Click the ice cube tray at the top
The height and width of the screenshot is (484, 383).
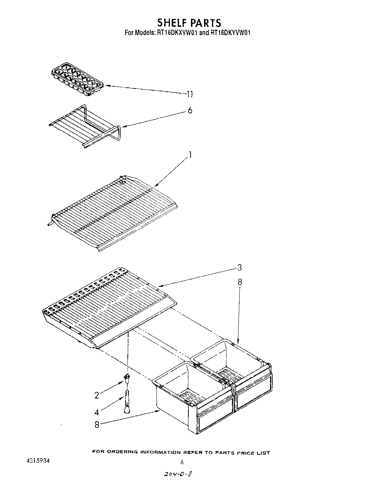click(77, 79)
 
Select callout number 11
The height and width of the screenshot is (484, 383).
click(190, 95)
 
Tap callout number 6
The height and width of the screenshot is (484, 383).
click(190, 110)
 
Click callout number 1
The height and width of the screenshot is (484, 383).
click(190, 155)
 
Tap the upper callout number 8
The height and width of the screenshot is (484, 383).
click(239, 282)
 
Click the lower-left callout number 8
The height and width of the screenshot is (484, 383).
click(97, 424)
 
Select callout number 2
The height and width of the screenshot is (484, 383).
click(97, 395)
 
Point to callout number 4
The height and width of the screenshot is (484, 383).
click(97, 412)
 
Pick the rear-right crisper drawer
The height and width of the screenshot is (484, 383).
click(236, 366)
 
